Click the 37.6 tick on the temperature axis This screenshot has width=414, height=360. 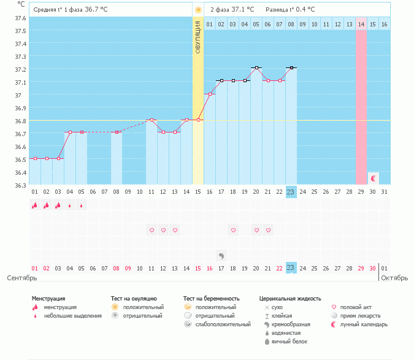tap(20, 18)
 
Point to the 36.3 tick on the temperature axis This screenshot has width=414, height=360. tap(20, 185)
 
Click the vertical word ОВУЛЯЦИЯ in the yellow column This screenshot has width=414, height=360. tap(198, 37)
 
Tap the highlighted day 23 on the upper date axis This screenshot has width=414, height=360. tap(291, 191)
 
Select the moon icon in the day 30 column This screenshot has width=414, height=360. tap(373, 178)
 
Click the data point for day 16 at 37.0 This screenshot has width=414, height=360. tap(210, 94)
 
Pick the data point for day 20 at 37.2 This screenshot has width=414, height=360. tap(256, 68)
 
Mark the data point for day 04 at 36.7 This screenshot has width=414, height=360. tap(70, 132)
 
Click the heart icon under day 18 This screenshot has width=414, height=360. tap(233, 230)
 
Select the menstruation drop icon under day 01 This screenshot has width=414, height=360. tap(35, 205)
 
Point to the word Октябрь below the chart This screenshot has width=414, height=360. tap(394, 278)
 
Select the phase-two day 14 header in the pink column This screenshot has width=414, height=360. tap(361, 24)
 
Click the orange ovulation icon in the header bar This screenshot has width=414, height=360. tap(198, 10)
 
